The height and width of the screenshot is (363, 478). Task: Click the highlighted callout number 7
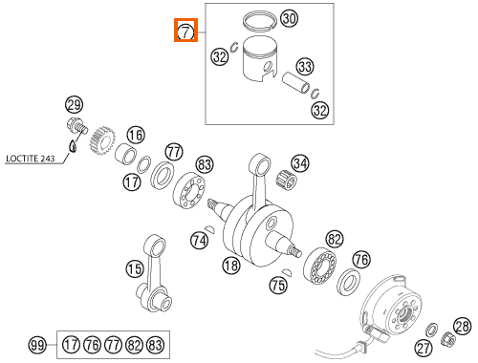[x=185, y=32]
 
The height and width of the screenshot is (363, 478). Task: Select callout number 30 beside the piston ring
[x=289, y=18]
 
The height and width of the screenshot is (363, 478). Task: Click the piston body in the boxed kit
[x=259, y=59]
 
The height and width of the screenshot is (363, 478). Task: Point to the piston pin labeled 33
[x=296, y=83]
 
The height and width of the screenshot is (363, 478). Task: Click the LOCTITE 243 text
[x=31, y=159]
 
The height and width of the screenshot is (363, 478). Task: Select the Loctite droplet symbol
[x=73, y=146]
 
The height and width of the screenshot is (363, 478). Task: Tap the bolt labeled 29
[x=76, y=126]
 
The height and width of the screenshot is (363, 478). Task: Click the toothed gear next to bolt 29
[x=101, y=140]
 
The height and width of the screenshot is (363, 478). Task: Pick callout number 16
[x=136, y=136]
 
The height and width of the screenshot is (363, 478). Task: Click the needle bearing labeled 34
[x=286, y=180]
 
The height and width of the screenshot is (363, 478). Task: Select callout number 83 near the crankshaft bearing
[x=205, y=164]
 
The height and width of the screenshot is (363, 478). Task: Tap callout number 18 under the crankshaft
[x=231, y=265]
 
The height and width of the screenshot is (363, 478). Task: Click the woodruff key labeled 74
[x=210, y=228]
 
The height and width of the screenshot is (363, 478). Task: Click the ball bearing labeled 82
[x=319, y=266]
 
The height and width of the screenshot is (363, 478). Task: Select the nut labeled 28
[x=448, y=339]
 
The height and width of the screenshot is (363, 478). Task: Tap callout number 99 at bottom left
[x=37, y=345]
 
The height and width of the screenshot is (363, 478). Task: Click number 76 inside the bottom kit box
[x=92, y=345]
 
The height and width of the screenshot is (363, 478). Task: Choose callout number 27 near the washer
[x=424, y=348]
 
